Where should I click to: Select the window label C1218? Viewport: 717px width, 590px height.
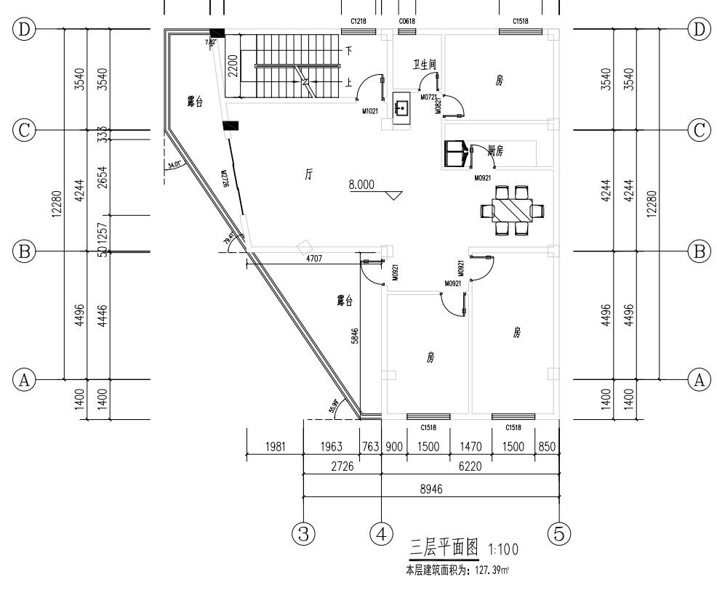(x=358, y=22)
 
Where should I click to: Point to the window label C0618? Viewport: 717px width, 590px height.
(x=406, y=22)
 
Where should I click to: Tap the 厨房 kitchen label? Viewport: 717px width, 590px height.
(x=496, y=150)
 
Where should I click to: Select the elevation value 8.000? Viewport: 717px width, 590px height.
(x=361, y=185)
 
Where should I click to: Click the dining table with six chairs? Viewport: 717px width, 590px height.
(x=513, y=211)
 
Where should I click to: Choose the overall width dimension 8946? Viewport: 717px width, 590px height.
(x=432, y=489)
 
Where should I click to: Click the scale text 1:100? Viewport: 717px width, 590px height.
(x=503, y=546)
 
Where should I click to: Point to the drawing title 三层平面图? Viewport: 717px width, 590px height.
(x=444, y=545)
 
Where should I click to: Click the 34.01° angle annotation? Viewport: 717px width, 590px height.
(x=175, y=166)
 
